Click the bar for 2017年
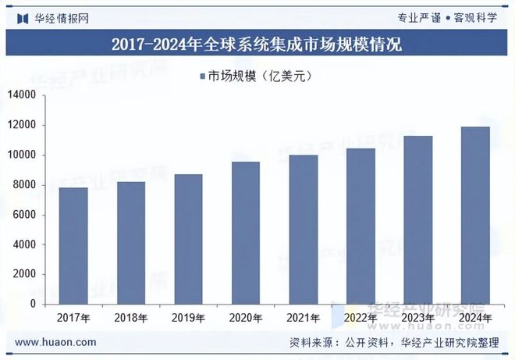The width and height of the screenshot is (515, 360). pyautogui.click(x=73, y=246)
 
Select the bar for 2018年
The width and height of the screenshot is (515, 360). pyautogui.click(x=131, y=243)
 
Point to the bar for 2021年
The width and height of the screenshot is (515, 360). pyautogui.click(x=303, y=230)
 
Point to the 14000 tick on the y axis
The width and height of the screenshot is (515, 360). pyautogui.click(x=23, y=95)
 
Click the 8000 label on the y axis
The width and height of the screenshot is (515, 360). pyautogui.click(x=25, y=185)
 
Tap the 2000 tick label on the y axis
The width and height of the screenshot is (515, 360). pyautogui.click(x=25, y=275)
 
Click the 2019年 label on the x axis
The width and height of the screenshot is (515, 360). pyautogui.click(x=188, y=318)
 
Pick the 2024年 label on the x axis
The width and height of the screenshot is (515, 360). pyautogui.click(x=474, y=318)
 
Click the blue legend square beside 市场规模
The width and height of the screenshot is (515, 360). pyautogui.click(x=201, y=76)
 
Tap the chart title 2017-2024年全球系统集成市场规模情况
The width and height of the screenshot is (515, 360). pyautogui.click(x=257, y=45)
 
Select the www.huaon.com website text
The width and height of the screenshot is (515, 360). pyautogui.click(x=56, y=342)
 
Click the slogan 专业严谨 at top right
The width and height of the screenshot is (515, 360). pyautogui.click(x=419, y=17)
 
